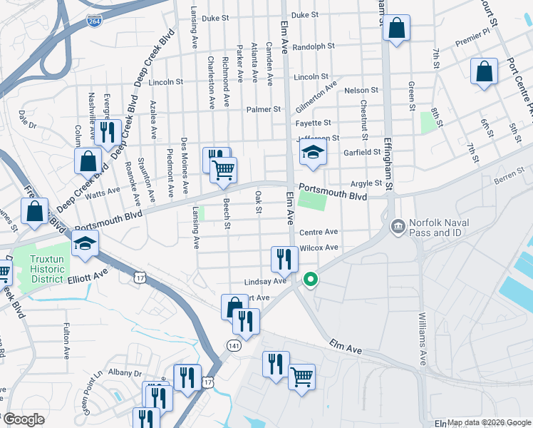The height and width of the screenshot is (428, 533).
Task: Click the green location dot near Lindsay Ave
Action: [310, 280]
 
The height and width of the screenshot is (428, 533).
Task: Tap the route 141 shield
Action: [234, 345]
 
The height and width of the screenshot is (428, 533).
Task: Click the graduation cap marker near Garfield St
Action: [312, 153]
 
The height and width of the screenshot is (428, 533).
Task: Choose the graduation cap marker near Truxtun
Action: [85, 244]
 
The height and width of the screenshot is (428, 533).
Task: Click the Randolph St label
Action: [314, 46]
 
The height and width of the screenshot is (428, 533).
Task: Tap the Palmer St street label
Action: [264, 109]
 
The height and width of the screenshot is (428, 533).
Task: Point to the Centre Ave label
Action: [318, 232]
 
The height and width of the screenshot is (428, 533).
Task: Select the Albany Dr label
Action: [125, 373]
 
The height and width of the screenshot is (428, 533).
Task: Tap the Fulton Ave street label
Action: [66, 342]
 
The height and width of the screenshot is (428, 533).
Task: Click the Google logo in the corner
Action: [25, 419]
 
